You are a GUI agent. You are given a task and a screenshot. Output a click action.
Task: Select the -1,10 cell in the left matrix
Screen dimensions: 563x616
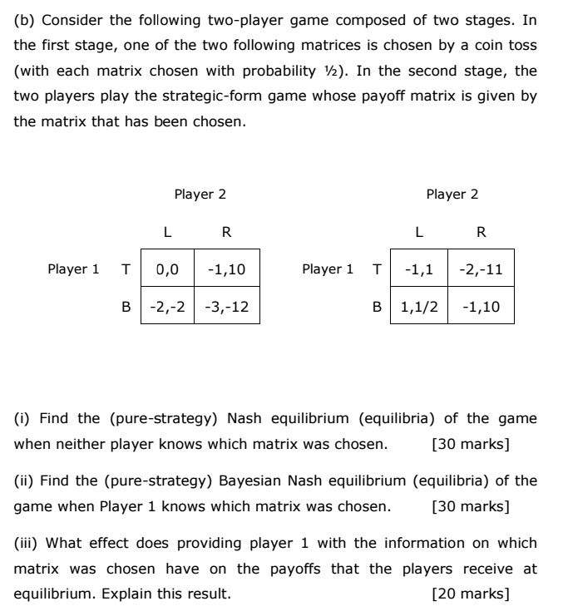(x=226, y=269)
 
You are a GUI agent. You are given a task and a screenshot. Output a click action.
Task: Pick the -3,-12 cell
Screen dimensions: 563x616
(x=226, y=307)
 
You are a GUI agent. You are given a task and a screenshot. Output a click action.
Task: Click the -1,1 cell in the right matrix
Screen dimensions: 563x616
(x=420, y=269)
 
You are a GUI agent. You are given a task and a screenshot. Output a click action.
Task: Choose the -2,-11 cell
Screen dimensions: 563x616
(x=480, y=269)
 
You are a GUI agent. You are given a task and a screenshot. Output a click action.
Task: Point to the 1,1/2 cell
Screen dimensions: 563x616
(x=420, y=307)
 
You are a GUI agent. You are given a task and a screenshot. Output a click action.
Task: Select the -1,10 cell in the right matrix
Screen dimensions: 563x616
(x=480, y=307)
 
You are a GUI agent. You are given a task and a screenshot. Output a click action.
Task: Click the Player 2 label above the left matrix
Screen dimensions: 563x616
(x=200, y=195)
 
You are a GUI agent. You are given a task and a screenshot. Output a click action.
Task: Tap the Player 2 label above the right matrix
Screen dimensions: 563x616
(x=452, y=195)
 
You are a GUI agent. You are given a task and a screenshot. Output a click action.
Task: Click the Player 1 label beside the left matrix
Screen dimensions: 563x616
(x=73, y=269)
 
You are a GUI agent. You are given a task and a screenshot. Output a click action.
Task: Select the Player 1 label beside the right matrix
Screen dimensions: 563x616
(x=327, y=269)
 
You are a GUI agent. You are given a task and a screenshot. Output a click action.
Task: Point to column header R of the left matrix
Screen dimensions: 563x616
(x=226, y=231)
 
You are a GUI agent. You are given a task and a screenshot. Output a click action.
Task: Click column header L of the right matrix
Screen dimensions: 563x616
(x=420, y=231)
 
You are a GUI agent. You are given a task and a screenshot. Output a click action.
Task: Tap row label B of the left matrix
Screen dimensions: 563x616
(x=126, y=307)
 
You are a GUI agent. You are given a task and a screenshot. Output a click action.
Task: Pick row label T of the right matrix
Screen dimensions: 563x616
(x=378, y=269)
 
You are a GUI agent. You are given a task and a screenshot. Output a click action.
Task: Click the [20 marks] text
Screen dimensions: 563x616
(x=471, y=594)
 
